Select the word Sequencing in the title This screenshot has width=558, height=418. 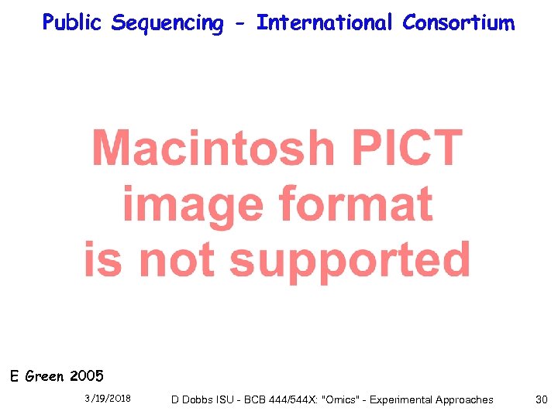coord(167,23)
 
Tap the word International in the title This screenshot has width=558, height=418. coord(325,22)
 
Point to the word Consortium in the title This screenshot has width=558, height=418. coord(458,22)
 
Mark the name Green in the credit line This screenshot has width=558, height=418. coord(45,377)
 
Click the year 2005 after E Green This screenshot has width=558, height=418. coord(86,377)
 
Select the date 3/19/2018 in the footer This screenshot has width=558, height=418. coord(108,399)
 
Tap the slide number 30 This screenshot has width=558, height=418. coord(541,399)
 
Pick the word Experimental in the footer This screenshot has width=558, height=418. coord(401,399)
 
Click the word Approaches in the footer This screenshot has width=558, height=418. coord(464,399)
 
